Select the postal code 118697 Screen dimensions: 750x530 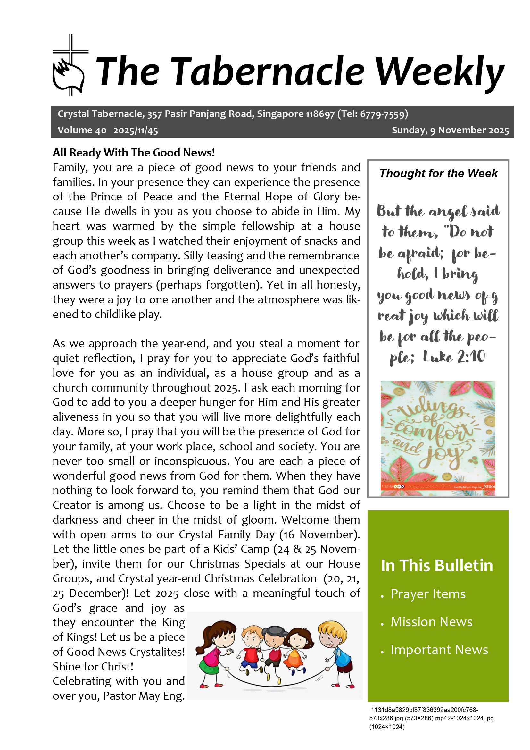tap(320, 114)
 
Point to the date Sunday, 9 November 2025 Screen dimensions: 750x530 tap(450, 130)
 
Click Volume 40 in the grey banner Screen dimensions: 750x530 tap(82, 130)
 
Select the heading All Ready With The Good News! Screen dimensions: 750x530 tap(134, 153)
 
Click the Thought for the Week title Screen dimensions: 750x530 tap(438, 173)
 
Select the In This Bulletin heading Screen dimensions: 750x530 tap(437, 565)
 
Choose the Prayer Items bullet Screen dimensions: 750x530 tap(428, 594)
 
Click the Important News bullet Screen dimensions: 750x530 tap(439, 650)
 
